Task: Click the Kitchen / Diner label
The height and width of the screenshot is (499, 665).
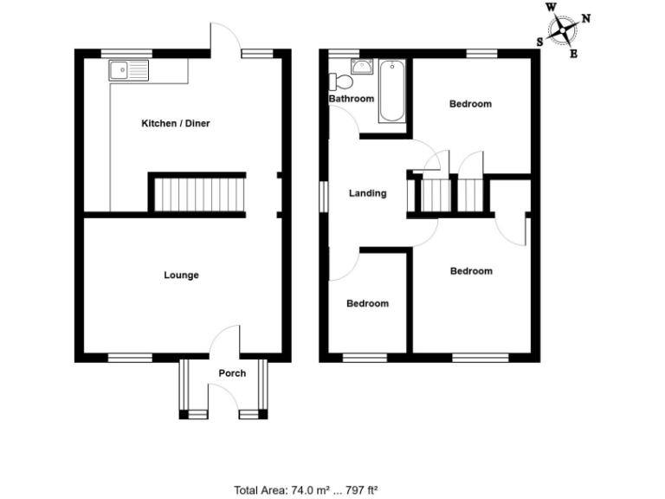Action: (x=176, y=123)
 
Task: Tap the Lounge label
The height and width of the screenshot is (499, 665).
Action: (x=182, y=275)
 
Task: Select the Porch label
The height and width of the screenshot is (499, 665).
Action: (x=232, y=373)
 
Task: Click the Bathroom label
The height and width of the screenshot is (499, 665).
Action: (x=352, y=99)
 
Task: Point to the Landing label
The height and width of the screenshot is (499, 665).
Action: (x=367, y=193)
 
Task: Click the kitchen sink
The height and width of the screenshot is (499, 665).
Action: (x=128, y=69)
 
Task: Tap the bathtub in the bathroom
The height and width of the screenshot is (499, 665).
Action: (x=393, y=90)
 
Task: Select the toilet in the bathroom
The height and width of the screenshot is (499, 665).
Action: (x=340, y=82)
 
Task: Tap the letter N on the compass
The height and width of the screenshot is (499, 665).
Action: (x=586, y=17)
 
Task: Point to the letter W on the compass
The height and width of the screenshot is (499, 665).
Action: (x=552, y=8)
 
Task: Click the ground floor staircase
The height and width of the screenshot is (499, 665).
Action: (x=199, y=193)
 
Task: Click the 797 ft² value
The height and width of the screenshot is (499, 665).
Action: (x=362, y=490)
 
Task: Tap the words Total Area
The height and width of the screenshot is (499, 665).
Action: (x=261, y=490)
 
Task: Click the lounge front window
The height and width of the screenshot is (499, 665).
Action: (x=130, y=356)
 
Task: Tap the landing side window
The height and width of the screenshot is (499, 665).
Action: (x=323, y=194)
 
